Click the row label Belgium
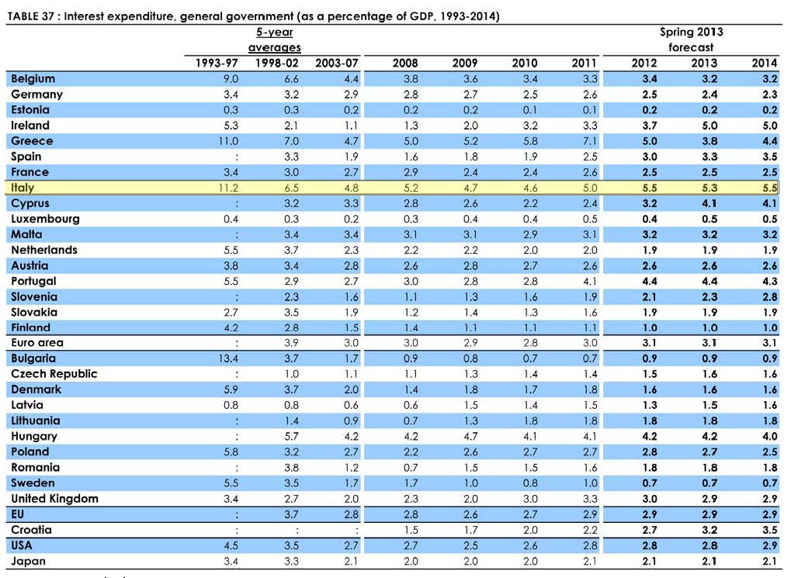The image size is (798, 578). [33, 79]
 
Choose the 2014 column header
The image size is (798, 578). [764, 63]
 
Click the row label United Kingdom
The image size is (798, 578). [54, 498]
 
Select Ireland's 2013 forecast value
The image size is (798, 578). [704, 126]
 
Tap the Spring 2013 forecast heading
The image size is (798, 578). [691, 40]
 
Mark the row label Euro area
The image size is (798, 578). [37, 343]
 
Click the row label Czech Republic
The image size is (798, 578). [54, 374]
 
